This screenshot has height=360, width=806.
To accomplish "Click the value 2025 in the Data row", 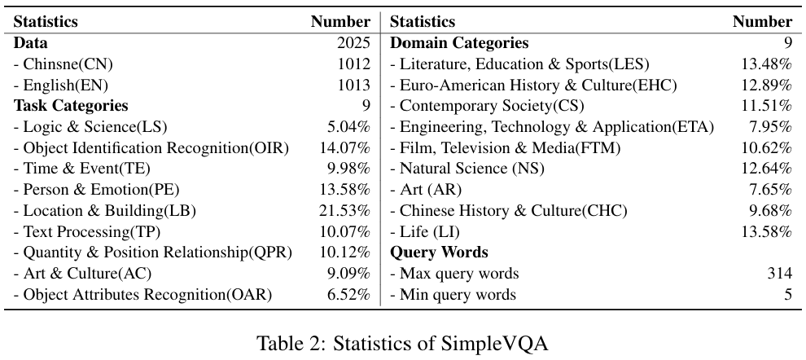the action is (x=353, y=43).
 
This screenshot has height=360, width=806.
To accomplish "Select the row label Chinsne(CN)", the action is (x=64, y=64).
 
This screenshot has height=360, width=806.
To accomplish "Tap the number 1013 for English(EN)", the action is (x=353, y=86).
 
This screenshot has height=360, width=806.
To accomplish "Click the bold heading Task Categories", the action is (x=71, y=106).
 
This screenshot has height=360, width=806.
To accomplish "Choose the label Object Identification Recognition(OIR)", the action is (x=151, y=148).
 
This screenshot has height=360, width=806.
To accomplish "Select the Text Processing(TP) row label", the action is (x=87, y=232).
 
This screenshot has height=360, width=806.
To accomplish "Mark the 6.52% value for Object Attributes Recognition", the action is (x=349, y=295).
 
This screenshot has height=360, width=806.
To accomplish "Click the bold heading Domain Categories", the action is (x=459, y=43).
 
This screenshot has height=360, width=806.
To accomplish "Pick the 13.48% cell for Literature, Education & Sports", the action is (x=766, y=64).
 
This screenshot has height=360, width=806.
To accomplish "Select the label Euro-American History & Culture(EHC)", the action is (x=533, y=86).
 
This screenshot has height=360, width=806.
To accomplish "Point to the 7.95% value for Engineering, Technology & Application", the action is (x=770, y=127).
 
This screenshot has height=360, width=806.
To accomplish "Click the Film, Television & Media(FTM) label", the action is (x=506, y=148).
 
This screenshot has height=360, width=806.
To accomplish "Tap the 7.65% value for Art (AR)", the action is (x=770, y=190).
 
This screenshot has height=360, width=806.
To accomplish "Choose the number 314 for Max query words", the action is (x=780, y=274).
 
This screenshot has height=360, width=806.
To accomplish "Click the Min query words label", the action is (x=453, y=295).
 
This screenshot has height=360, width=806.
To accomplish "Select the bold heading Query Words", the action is (x=440, y=253).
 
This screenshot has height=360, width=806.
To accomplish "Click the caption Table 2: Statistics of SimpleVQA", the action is (x=402, y=343).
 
